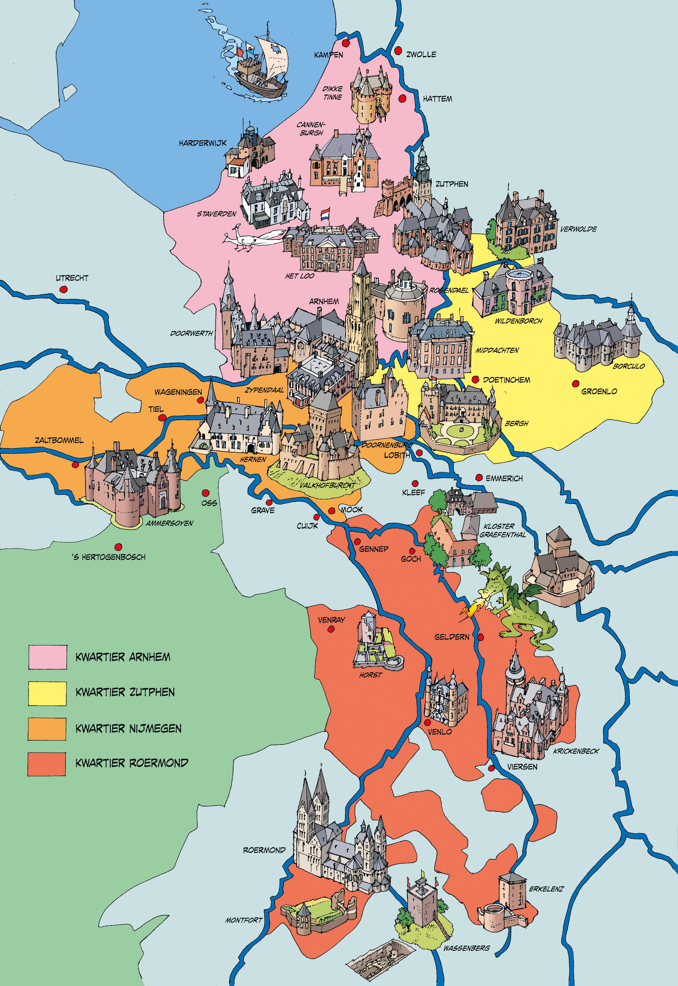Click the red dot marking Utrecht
(x=63, y=289)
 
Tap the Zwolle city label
(x=421, y=54)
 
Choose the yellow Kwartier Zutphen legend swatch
(x=48, y=693)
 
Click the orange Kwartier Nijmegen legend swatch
(x=48, y=729)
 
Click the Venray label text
(x=331, y=620)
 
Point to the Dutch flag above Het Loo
(x=325, y=213)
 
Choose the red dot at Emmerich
(x=479, y=477)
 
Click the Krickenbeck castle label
(x=576, y=751)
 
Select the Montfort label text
(x=244, y=920)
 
